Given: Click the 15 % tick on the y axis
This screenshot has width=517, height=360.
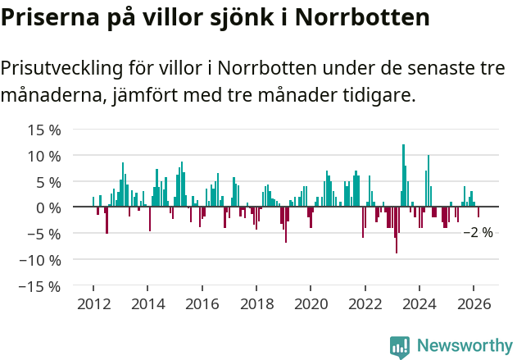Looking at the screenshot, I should (x=44, y=130).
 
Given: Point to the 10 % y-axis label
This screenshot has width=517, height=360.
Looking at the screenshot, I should (x=44, y=156).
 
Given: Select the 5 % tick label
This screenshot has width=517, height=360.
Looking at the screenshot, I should (x=48, y=182).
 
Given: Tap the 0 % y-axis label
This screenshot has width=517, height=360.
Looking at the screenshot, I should (x=48, y=207).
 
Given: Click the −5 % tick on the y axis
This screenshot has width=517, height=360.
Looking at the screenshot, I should (x=44, y=234).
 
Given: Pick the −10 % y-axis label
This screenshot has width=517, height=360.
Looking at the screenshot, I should (x=40, y=260).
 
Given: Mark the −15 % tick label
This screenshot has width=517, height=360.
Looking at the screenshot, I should (x=40, y=286).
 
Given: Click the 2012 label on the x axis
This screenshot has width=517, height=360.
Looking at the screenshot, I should (x=93, y=303).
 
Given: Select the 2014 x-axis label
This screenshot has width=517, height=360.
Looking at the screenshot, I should (x=147, y=303).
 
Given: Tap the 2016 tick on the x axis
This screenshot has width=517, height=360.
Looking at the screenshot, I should (x=202, y=303).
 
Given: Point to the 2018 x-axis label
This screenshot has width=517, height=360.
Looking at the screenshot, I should (x=256, y=303).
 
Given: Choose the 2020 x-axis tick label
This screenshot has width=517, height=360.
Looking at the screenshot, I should (x=311, y=303).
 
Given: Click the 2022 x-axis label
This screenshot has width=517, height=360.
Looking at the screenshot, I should (x=365, y=303).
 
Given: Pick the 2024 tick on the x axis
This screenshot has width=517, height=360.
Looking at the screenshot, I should (x=419, y=303).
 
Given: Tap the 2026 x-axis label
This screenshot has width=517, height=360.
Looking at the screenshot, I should (x=474, y=303).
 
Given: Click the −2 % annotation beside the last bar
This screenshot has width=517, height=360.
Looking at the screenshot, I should (x=478, y=233).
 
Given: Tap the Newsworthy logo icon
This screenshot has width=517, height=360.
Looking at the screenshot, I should (x=400, y=346).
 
